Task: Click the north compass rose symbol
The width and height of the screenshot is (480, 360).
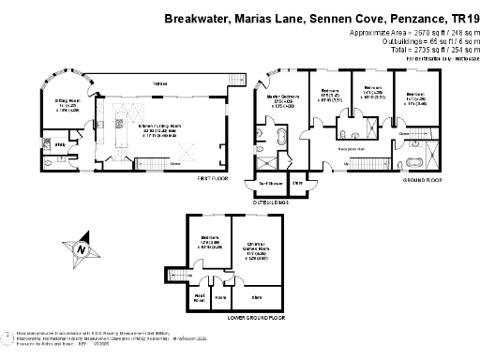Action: tap(83, 248)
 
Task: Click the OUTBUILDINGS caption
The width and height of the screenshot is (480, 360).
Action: tap(272, 201)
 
